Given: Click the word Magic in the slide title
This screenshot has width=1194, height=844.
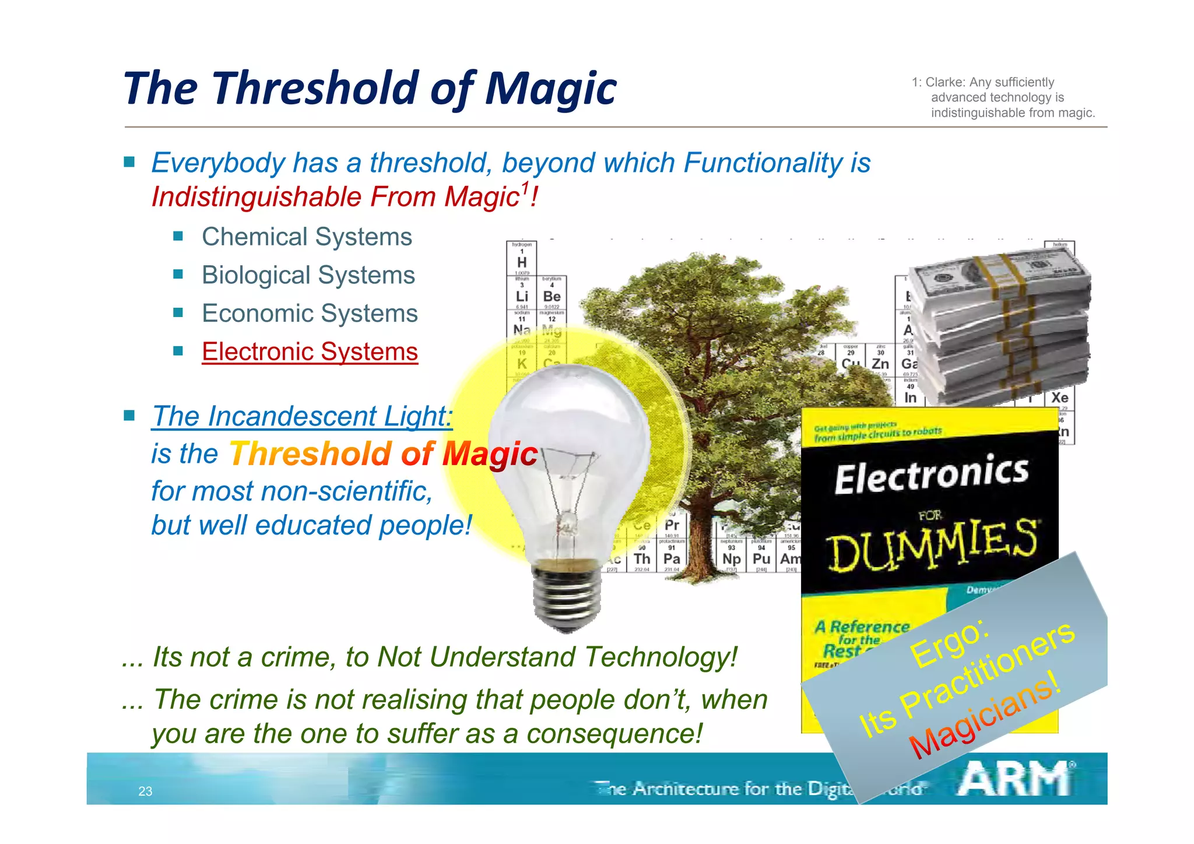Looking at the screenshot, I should [x=550, y=89].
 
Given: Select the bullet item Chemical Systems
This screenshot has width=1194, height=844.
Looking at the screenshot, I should [x=307, y=237].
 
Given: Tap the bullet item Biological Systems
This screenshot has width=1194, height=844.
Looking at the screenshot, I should [x=308, y=275].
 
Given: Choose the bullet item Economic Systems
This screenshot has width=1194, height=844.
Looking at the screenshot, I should [x=310, y=314].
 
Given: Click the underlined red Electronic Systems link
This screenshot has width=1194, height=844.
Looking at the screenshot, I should [x=310, y=352].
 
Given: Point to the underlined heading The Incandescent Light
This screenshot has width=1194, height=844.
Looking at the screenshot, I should [x=301, y=416].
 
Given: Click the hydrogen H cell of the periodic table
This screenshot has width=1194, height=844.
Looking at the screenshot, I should [x=522, y=259].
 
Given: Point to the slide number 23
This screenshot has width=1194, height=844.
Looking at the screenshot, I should [x=145, y=792].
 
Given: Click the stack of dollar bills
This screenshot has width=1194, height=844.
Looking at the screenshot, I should [x=1000, y=326].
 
